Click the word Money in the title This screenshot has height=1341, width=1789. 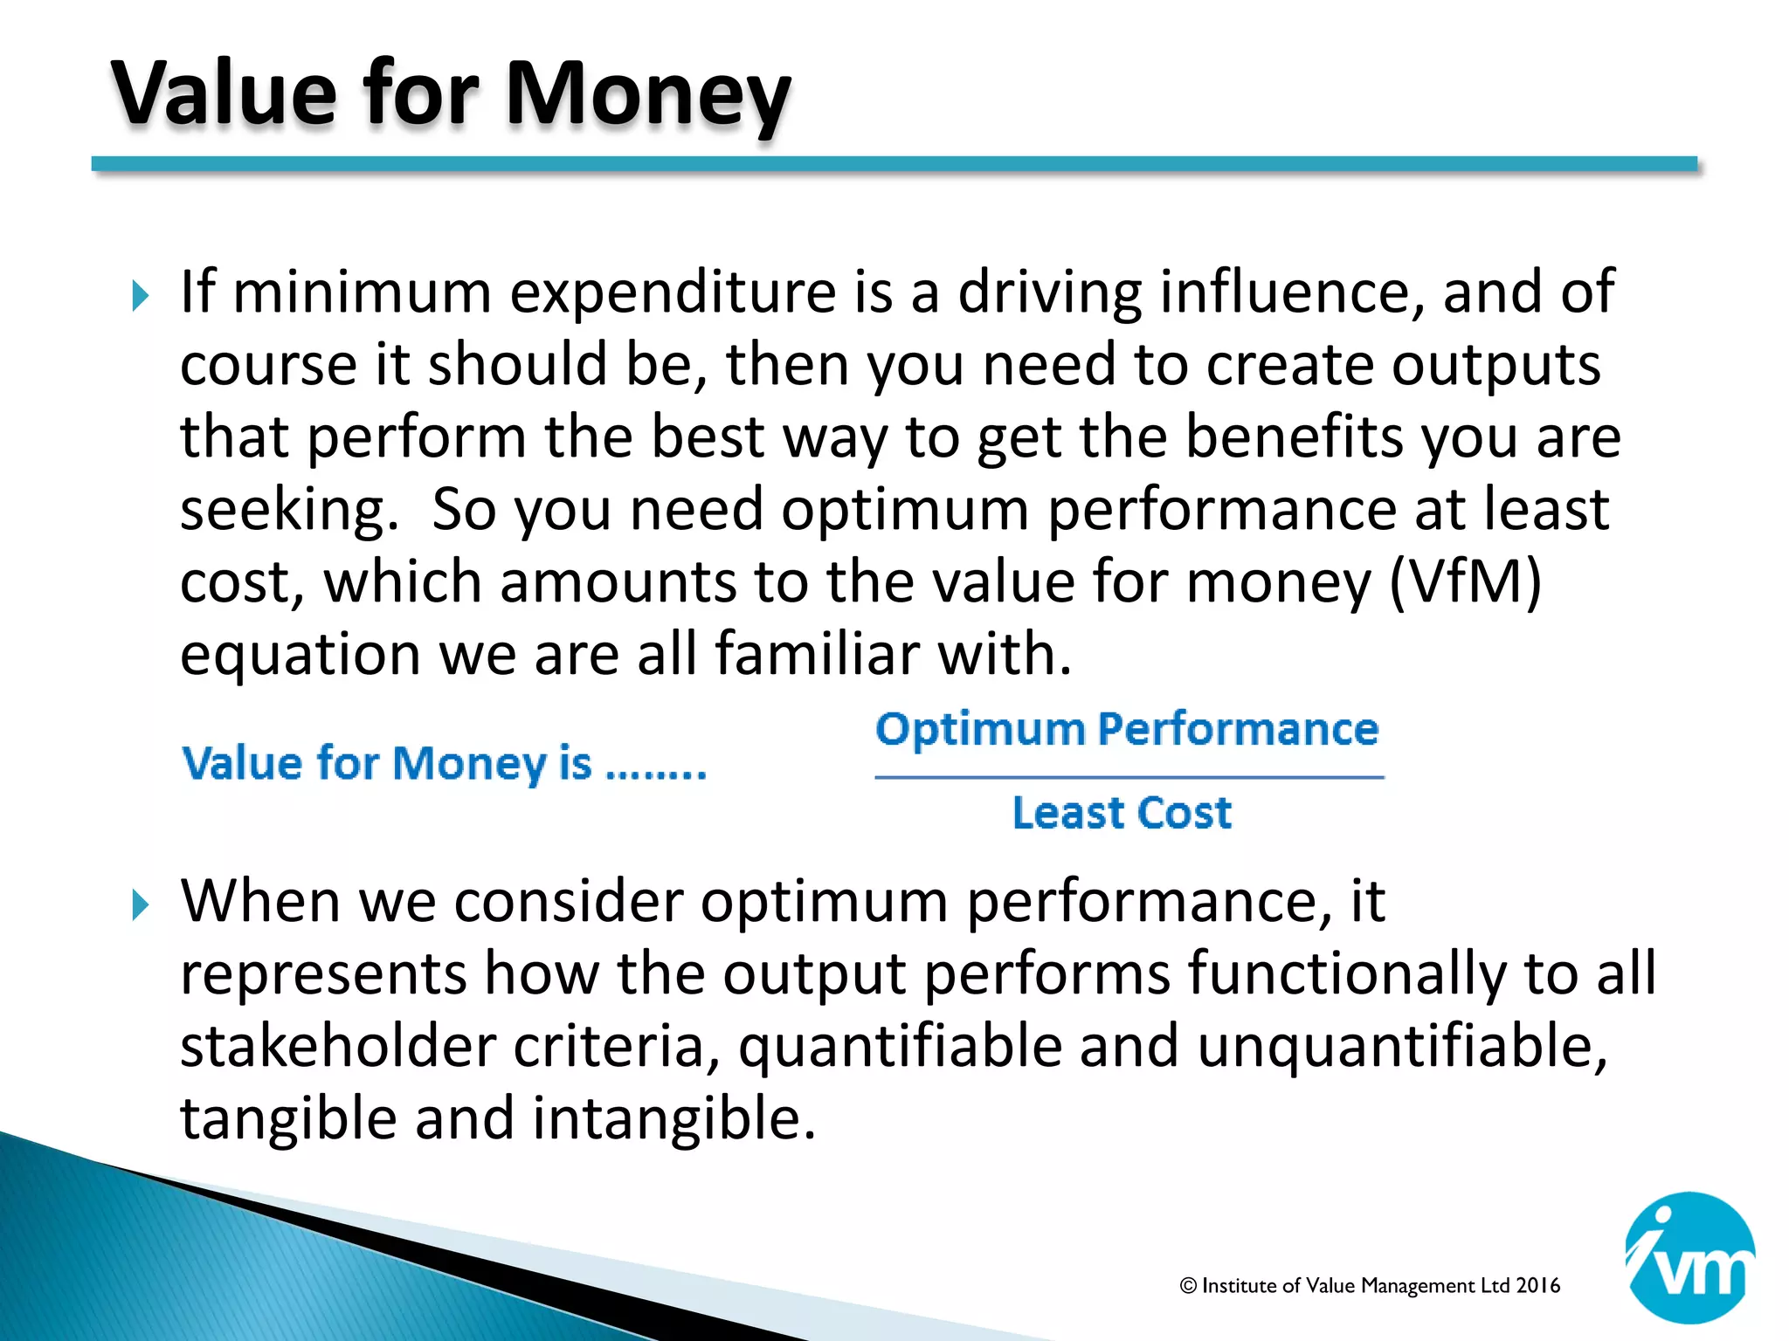pos(647,94)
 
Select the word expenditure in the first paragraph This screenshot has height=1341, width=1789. pos(673,293)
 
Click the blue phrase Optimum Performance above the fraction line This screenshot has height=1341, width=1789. pos(1127,729)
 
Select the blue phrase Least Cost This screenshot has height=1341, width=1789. pos(1122,813)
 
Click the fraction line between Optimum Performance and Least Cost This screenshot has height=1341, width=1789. pos(1129,776)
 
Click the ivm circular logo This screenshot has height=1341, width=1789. pos(1689,1257)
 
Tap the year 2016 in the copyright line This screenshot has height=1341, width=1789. pos(1537,1285)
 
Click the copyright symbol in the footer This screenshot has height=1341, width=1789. pos(1188,1285)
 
